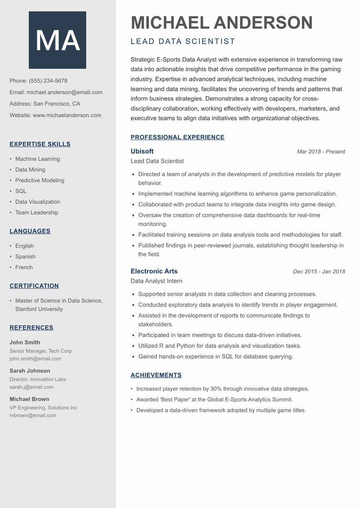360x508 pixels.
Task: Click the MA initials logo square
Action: pos(58,40)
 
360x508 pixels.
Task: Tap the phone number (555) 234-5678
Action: pos(48,81)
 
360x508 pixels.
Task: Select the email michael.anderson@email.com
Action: pos(64,92)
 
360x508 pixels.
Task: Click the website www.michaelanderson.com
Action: pos(67,115)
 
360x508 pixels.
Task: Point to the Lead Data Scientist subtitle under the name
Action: pos(183,41)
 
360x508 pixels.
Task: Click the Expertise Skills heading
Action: pos(40,144)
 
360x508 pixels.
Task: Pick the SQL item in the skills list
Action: pos(21,191)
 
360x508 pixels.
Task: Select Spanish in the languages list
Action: pos(25,257)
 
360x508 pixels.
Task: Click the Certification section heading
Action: pos(34,286)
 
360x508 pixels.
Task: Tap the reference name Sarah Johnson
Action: pos(30,371)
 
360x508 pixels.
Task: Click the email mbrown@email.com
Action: pos(33,415)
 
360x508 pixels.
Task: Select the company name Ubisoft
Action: pos(142,152)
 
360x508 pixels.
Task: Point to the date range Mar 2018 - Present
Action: pos(321,152)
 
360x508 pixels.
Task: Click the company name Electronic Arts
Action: pos(154,272)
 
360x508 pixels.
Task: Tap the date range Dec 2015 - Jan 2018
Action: pos(319,272)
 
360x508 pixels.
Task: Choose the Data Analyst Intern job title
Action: pos(157,281)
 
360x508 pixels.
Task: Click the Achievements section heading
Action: pos(156,375)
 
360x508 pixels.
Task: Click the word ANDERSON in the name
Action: pos(263,22)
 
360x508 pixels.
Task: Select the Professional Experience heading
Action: pos(177,138)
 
